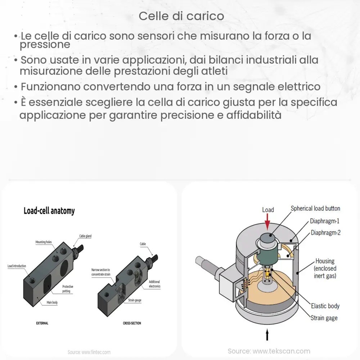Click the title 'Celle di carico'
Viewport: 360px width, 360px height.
(x=181, y=16)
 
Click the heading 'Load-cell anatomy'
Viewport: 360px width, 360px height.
(x=49, y=211)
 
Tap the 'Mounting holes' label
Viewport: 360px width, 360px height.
(x=46, y=242)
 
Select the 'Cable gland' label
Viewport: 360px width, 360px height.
(x=85, y=236)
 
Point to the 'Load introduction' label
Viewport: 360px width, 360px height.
(x=17, y=266)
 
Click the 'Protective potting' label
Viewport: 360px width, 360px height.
(x=68, y=289)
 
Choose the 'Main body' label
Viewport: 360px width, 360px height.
(x=52, y=302)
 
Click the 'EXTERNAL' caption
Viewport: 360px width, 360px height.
(x=42, y=323)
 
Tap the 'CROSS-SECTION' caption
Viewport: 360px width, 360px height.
(x=132, y=323)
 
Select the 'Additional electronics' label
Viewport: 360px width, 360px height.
(x=154, y=284)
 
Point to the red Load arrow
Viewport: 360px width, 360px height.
(x=267, y=221)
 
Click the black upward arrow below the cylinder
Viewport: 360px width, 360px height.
(x=267, y=335)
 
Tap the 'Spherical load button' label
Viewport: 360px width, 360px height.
(x=315, y=208)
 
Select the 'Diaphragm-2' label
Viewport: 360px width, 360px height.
(x=325, y=233)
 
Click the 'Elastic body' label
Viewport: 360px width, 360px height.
(x=325, y=306)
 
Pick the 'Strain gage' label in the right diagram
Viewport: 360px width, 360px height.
(x=324, y=318)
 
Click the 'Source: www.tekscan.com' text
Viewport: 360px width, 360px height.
(x=269, y=351)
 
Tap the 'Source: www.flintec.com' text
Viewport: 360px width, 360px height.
(x=89, y=352)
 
